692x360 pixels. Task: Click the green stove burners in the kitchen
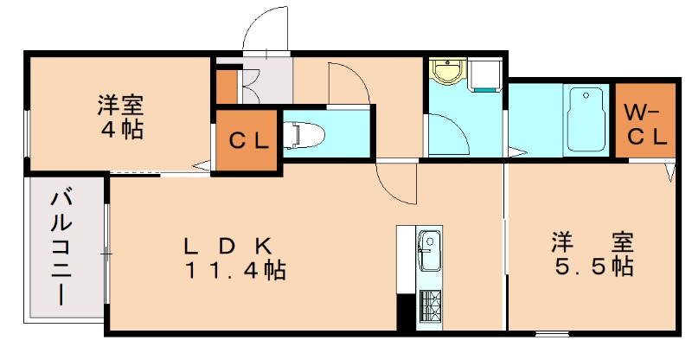click(430, 305)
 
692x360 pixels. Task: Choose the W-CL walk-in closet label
click(644, 123)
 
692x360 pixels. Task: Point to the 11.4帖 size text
click(234, 271)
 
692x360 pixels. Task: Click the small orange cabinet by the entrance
click(225, 87)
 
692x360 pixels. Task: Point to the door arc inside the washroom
click(450, 134)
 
